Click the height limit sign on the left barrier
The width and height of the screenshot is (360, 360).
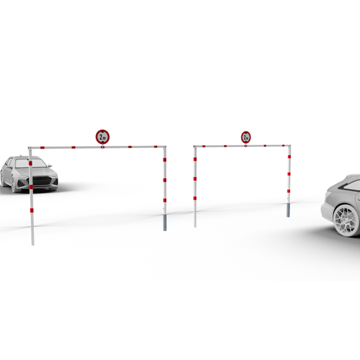[102, 137]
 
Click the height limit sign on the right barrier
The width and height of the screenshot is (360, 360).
[246, 137]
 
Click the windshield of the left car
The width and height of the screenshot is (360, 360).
[31, 163]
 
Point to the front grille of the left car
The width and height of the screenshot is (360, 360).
[43, 181]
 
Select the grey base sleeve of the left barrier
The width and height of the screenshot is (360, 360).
[164, 223]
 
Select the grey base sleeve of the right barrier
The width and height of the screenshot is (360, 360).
[288, 210]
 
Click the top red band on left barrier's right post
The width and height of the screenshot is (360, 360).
[164, 160]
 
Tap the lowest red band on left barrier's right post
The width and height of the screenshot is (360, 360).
[164, 200]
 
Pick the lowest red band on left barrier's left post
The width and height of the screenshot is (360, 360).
[32, 210]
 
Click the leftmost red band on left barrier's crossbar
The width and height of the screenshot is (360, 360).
[42, 147]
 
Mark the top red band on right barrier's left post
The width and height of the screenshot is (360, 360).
[195, 159]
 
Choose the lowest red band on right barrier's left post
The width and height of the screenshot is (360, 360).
[195, 198]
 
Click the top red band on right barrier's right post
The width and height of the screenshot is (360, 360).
[289, 157]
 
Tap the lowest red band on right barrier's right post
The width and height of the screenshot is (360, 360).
[289, 191]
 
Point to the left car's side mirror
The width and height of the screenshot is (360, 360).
[50, 166]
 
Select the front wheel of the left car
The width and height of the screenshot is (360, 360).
[13, 184]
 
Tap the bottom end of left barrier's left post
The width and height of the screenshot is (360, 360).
[33, 245]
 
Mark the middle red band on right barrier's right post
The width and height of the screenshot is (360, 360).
[289, 174]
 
